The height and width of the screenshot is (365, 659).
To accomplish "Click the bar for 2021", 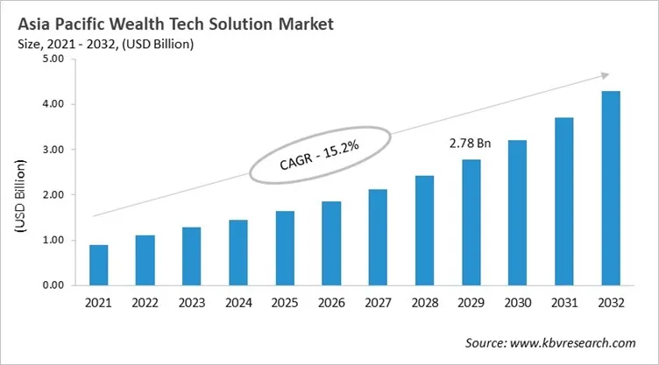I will tap(100, 265).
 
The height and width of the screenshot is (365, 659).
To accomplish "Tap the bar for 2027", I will tap(379, 237).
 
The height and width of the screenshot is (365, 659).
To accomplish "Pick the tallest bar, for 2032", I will tap(611, 188).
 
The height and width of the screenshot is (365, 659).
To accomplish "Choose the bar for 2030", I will tap(518, 213).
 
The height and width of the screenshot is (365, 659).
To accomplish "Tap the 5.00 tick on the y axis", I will tap(53, 60).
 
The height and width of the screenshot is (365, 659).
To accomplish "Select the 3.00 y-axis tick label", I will tap(53, 150).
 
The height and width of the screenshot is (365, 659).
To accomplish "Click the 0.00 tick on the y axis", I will tap(53, 285).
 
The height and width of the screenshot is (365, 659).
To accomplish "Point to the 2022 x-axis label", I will tap(146, 304).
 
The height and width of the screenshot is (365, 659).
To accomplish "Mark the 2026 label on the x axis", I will tap(332, 304).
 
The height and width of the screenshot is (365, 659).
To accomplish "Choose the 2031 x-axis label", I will tap(564, 304).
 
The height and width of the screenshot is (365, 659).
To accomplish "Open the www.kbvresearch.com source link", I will tap(578, 343).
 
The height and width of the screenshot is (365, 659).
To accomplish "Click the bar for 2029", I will tap(471, 222).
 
